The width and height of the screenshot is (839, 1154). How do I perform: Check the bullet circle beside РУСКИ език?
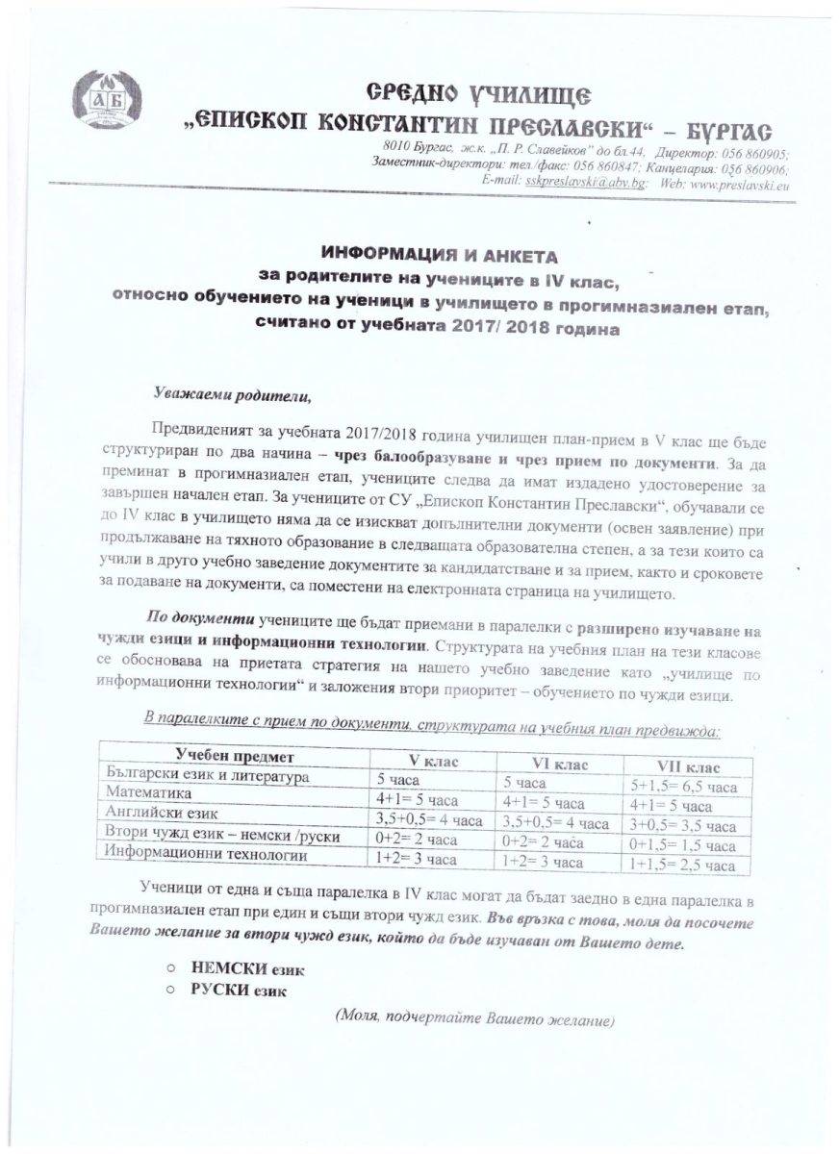click(x=169, y=991)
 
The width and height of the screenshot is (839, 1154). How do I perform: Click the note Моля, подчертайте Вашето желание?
click(x=474, y=1017)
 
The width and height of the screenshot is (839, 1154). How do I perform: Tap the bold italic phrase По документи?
click(x=199, y=616)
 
